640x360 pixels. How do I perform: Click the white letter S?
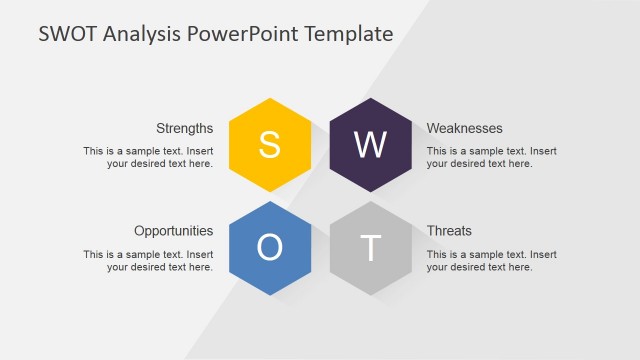click(269, 146)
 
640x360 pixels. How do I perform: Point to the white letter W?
click(370, 146)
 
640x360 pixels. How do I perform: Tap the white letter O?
click(269, 248)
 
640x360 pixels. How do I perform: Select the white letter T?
click(370, 248)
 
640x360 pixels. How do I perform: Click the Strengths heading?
click(184, 128)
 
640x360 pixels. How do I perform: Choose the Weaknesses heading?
click(464, 128)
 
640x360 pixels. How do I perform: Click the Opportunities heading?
click(173, 231)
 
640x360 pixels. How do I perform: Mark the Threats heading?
click(449, 231)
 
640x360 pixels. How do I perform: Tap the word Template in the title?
click(344, 34)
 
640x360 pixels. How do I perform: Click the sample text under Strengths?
click(148, 157)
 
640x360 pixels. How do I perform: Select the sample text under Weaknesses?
click(492, 157)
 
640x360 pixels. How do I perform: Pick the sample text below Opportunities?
click(148, 260)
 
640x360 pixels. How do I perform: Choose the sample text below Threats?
click(492, 260)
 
